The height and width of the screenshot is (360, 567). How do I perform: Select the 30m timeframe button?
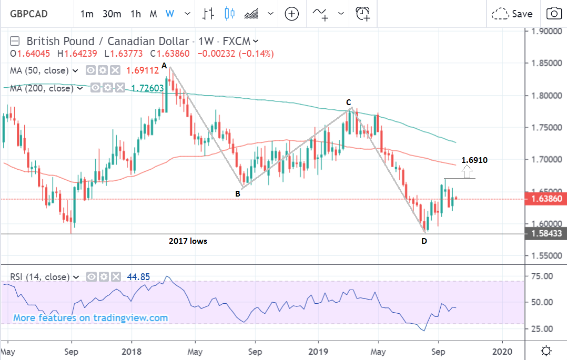tap(112, 14)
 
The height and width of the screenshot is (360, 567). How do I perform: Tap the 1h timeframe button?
tap(136, 14)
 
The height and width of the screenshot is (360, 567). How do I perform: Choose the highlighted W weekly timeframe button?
tap(169, 14)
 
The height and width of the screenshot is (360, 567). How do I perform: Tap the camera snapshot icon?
tap(553, 14)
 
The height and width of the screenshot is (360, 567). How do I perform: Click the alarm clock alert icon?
tap(362, 14)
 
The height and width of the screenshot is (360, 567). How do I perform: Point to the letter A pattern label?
tap(164, 66)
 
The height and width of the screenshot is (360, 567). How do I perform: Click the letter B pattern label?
tap(238, 193)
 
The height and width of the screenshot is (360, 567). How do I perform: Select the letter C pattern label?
tap(348, 102)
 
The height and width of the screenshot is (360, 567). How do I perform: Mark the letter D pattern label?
tap(423, 241)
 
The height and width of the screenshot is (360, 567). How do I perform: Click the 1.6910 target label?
tap(474, 160)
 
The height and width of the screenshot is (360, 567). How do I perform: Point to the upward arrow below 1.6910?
tap(467, 171)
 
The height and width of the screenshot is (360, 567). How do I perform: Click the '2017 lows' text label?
tap(188, 241)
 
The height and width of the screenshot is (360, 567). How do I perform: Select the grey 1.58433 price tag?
tap(546, 233)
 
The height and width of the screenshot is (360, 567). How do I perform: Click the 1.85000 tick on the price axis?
tap(546, 63)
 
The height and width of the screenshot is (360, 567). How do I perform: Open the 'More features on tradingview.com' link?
tap(90, 318)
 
